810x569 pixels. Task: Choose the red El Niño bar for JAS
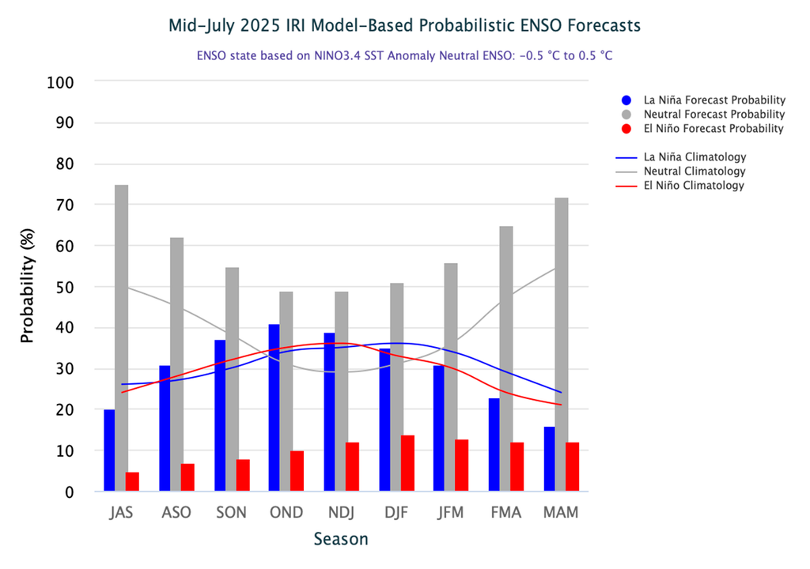[x=133, y=482]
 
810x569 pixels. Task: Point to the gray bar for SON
[x=232, y=379]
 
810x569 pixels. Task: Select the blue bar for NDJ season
[x=329, y=412]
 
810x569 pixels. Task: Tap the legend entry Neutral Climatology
[x=695, y=171]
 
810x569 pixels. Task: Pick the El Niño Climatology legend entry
[x=694, y=186]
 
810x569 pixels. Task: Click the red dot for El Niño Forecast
[x=626, y=129]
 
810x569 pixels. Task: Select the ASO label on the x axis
[x=176, y=513]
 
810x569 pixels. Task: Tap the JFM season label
[x=451, y=513]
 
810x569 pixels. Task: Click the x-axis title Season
[x=341, y=540]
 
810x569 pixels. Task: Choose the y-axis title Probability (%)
[x=28, y=287]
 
